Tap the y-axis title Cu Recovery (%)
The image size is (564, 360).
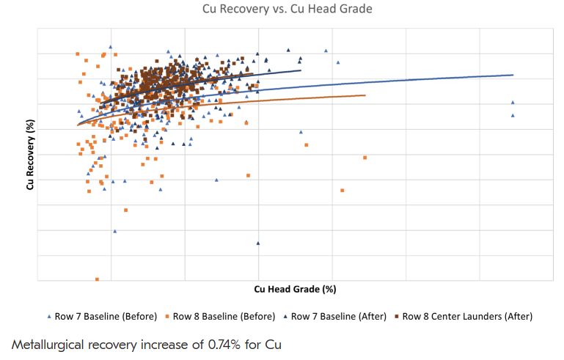(x=30, y=154)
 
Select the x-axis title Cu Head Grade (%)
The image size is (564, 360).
(x=295, y=290)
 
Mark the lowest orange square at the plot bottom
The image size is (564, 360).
(x=97, y=279)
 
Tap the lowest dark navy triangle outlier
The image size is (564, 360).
(x=258, y=243)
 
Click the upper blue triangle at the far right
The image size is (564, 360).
(x=513, y=103)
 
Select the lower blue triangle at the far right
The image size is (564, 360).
(x=513, y=115)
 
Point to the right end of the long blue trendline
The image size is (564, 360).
(x=513, y=75)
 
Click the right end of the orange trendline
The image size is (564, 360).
(x=365, y=95)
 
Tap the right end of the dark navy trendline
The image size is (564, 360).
(x=301, y=70)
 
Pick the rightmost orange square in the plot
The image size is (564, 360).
(x=365, y=158)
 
